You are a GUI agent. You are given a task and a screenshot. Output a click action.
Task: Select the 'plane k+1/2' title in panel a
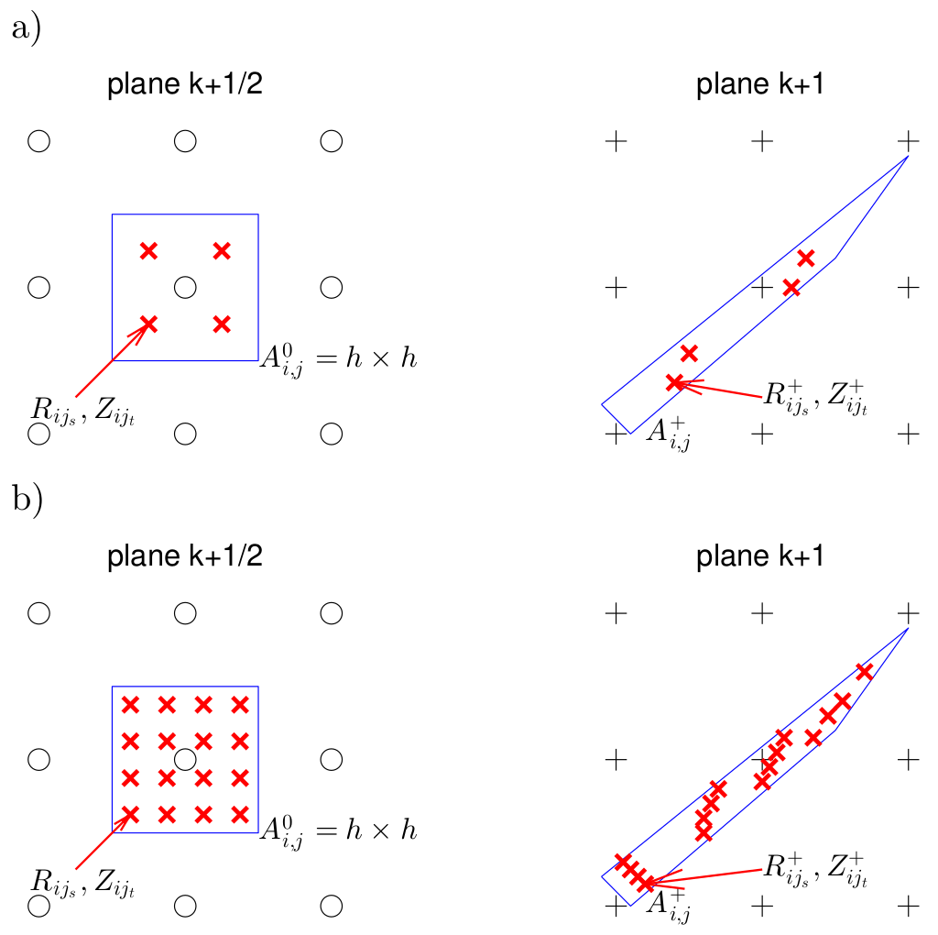coord(186,86)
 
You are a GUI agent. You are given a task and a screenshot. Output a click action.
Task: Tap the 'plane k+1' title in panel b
coord(760,557)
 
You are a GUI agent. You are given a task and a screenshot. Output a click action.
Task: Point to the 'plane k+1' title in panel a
coord(760,86)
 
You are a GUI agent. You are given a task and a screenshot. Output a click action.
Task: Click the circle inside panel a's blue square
coord(185,287)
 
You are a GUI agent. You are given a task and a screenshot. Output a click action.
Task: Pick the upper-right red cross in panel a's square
coord(222,250)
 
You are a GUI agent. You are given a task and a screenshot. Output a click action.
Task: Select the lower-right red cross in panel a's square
coord(222,324)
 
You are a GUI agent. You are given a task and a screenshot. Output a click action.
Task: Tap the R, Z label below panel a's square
coord(83,412)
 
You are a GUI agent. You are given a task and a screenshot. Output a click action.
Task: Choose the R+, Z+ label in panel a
coord(813,399)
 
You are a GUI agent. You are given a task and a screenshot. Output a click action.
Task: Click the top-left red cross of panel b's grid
coord(130,705)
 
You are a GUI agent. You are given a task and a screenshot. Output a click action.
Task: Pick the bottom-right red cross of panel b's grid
coord(240,813)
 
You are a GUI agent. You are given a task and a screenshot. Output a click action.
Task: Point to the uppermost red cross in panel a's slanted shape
coord(806,258)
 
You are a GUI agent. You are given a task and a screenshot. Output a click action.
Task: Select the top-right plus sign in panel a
coord(907,141)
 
